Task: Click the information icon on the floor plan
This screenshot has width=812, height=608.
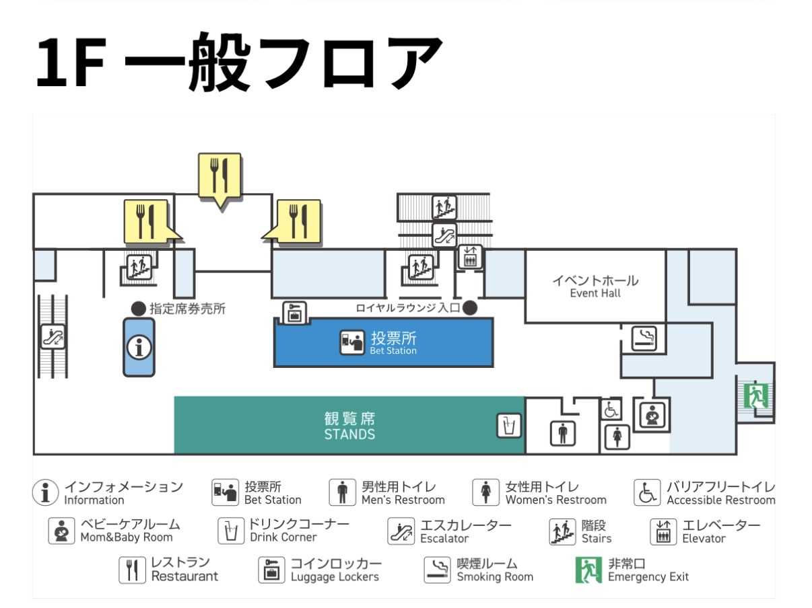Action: point(139,348)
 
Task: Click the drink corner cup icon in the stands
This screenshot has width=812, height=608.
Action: point(508,426)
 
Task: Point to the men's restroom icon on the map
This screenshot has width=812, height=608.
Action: point(563,434)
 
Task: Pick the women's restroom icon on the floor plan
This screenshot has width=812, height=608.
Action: point(617,437)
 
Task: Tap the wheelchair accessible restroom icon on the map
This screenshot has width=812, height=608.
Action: point(611,410)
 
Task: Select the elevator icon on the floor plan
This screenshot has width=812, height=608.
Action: point(470,256)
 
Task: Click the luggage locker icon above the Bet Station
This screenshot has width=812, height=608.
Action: point(294,313)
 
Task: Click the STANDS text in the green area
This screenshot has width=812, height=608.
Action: point(349,434)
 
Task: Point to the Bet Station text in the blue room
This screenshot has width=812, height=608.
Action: point(393,350)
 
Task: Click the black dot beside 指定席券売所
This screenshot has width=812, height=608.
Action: point(138,309)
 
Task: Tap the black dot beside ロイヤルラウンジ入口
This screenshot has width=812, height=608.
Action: point(469,307)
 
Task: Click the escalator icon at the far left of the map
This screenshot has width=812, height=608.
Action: point(53,336)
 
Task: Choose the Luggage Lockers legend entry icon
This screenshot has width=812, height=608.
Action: point(271,570)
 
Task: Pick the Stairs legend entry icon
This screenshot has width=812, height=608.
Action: point(562,531)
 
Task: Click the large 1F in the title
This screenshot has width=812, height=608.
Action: point(70,62)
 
